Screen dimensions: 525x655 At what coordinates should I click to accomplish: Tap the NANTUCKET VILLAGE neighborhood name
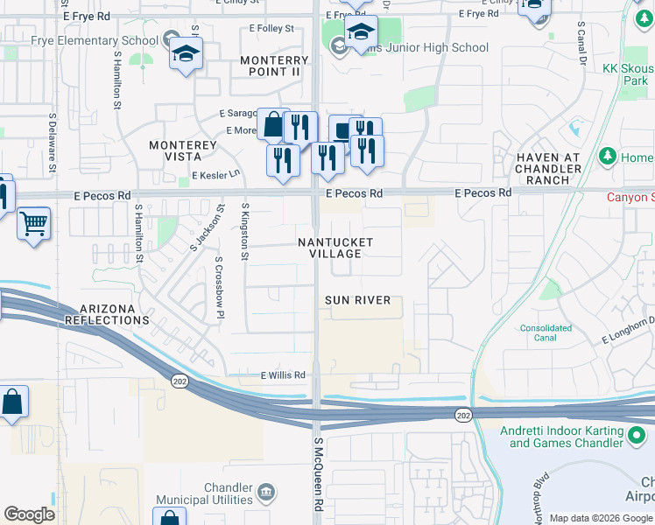[x=335, y=248]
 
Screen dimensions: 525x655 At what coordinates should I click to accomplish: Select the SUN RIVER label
[x=357, y=300]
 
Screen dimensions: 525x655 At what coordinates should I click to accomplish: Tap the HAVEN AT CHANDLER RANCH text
[x=549, y=169]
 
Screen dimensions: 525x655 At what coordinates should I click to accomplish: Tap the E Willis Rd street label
[x=282, y=375]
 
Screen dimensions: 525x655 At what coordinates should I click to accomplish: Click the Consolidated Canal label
[x=545, y=333]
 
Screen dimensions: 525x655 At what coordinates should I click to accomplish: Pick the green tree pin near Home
[x=606, y=156]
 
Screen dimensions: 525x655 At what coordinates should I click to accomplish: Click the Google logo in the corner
[x=29, y=514]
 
